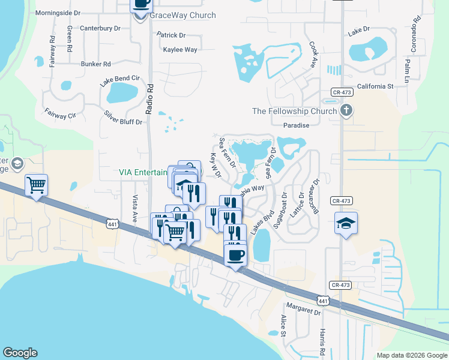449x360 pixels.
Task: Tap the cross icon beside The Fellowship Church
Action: tap(346, 110)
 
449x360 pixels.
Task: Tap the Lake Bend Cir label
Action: tap(120, 79)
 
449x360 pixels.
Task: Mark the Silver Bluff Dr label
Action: tap(123, 117)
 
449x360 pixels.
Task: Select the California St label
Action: tap(375, 86)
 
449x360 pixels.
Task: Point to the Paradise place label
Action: tap(296, 125)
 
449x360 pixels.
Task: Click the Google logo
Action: tap(20, 353)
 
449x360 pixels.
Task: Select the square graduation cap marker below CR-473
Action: tap(346, 223)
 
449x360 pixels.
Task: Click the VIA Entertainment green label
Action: tap(143, 172)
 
